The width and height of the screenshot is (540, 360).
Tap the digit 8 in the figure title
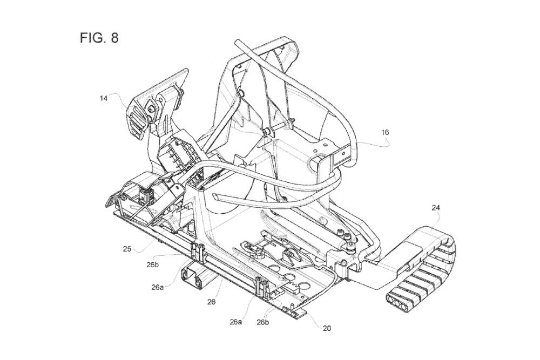(x=114, y=39)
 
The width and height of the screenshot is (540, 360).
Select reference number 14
(x=104, y=98)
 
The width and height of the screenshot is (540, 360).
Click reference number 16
(x=384, y=131)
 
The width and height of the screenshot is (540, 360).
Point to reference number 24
(x=435, y=206)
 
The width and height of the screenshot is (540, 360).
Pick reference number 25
(x=127, y=249)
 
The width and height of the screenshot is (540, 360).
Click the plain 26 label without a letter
(x=211, y=302)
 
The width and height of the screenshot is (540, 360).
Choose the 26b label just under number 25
(x=152, y=264)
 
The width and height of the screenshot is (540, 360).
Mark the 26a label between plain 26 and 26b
(x=235, y=322)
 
